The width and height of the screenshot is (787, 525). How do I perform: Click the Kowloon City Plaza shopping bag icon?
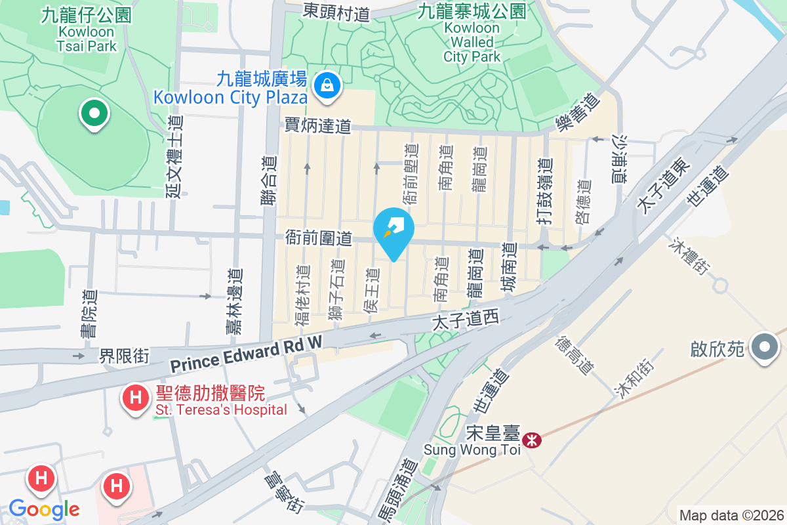coord(326,85)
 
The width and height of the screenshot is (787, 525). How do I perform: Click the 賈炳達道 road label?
coord(318,126)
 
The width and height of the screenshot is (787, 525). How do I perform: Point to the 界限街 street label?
coord(125,356)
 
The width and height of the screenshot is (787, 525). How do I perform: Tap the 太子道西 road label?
coord(466,320)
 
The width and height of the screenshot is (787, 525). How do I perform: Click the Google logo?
coord(44,509)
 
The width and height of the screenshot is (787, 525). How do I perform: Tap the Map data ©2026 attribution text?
coord(731,515)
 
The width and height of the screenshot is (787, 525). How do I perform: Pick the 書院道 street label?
coord(88,314)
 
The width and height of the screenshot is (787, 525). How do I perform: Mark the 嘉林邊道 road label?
coord(233,301)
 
